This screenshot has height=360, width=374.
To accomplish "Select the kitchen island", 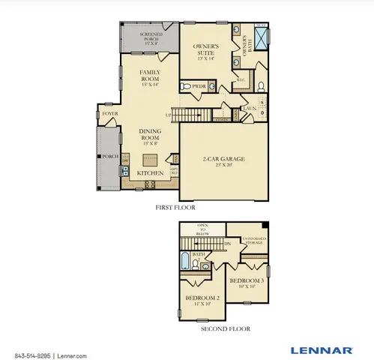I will tap(151, 158).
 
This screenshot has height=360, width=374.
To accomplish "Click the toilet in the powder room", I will tap(184, 87).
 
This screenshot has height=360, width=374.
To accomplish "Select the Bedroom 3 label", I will tap(247, 283).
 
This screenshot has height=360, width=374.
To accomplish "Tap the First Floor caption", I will tap(176, 206).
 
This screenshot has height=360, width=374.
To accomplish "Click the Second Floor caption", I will tap(225, 328).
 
